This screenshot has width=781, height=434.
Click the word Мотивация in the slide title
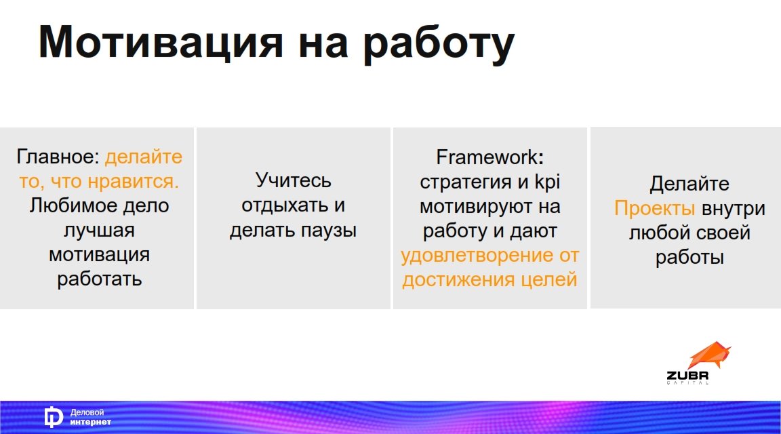161,43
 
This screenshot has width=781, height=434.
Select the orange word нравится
134,181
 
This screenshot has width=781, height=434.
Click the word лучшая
99,231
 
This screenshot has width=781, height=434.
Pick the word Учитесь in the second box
294,180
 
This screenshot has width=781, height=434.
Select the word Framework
487,157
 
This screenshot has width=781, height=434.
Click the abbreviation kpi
547,182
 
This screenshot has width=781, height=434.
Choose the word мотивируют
475,207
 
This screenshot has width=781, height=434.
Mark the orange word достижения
459,280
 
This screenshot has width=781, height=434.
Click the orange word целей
549,280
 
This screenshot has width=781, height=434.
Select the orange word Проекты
654,208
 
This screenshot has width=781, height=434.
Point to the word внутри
733,209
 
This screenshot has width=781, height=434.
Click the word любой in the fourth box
654,233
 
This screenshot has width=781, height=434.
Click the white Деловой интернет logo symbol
54,418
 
